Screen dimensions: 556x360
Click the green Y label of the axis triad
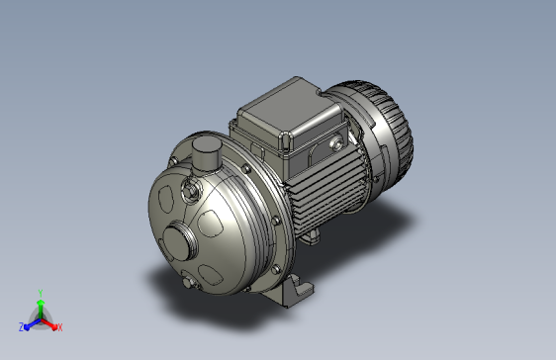[x=41, y=293]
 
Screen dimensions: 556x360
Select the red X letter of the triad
[x=60, y=327]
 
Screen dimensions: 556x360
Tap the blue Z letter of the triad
[x=22, y=327]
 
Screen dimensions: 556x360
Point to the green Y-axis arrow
[x=41, y=309]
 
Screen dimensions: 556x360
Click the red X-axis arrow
[x=49, y=324]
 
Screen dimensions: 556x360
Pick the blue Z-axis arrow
[x=33, y=324]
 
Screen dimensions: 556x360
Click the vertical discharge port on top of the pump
[x=206, y=154]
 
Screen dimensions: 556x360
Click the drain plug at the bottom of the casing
[x=189, y=282]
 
